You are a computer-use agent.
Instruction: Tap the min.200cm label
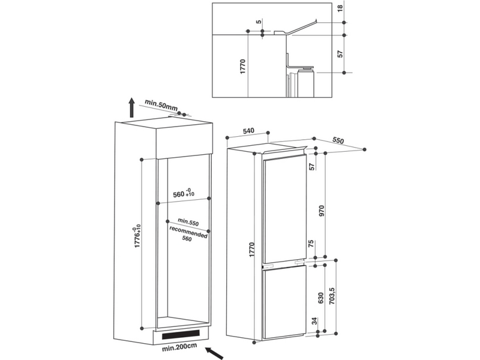[179, 347]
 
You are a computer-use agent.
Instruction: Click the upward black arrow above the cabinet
[131, 107]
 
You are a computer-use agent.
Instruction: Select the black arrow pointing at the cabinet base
[214, 353]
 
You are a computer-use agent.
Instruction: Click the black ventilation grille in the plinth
[181, 334]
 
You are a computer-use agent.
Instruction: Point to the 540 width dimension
[248, 131]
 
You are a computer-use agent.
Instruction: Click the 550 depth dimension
[338, 140]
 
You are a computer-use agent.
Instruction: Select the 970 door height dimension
[321, 211]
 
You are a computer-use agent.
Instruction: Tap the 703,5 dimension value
[332, 296]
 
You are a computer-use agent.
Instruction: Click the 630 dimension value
[321, 298]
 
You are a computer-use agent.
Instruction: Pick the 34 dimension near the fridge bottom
[314, 321]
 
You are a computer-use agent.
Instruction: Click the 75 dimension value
[311, 244]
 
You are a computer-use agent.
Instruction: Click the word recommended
[188, 232]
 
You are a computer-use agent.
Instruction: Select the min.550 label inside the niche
[188, 221]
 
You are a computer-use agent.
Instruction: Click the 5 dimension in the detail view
[259, 22]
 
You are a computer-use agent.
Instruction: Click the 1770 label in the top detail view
[243, 67]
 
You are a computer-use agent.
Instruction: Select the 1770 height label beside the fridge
[251, 250]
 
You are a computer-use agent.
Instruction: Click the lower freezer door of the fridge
[284, 302]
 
